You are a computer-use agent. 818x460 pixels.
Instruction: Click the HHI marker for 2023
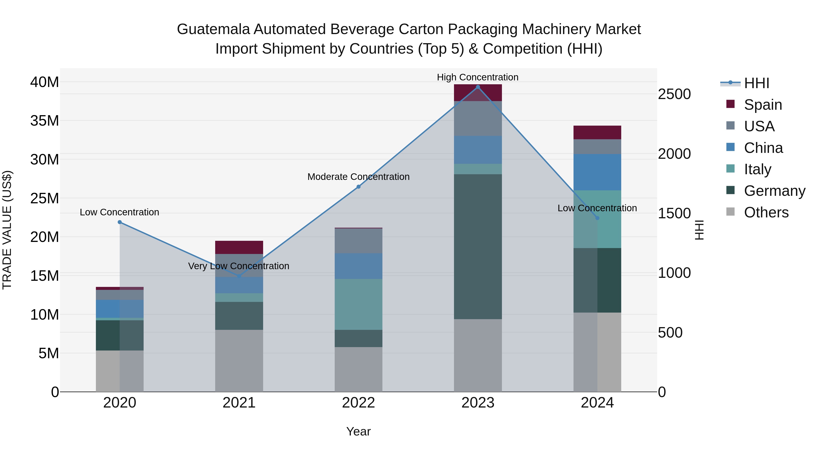pos(478,87)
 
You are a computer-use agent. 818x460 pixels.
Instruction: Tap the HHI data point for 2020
pos(120,222)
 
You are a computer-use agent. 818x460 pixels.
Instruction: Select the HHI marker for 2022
pos(359,187)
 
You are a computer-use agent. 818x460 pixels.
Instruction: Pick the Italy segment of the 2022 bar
pos(359,304)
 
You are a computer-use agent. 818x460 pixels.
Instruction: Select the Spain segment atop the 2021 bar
pos(239,247)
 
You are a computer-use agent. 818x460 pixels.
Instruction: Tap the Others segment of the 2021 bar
pos(239,361)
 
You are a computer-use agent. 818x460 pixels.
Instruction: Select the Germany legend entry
pos(774,191)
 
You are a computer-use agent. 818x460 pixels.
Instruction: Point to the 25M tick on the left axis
pos(45,198)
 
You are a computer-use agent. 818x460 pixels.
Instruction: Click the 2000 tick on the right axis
pos(674,154)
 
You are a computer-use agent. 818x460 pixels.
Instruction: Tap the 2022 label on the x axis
pos(359,403)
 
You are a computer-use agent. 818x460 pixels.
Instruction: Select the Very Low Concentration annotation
pos(239,266)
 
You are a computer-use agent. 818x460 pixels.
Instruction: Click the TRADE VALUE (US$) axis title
pos(7,230)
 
